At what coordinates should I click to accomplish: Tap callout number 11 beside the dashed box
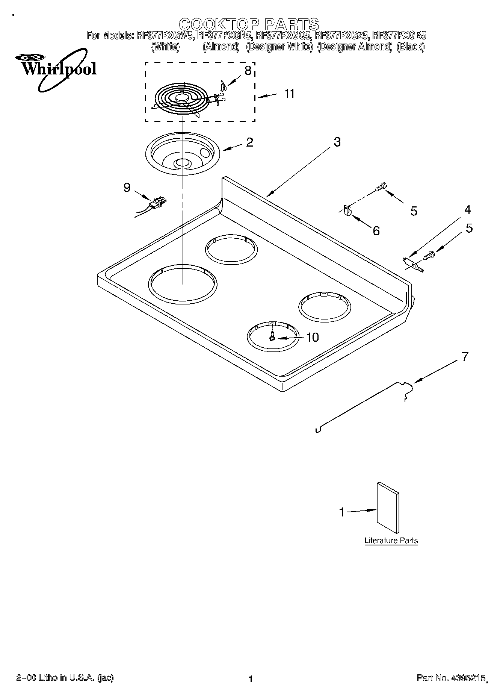point(289,93)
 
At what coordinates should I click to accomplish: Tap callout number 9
point(127,187)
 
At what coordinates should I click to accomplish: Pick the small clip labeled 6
point(348,211)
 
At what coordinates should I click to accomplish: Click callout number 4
point(467,210)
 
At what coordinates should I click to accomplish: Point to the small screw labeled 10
point(272,338)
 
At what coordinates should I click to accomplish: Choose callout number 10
point(312,337)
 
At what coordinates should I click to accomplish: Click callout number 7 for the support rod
point(465,356)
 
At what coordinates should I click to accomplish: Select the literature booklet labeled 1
point(388,508)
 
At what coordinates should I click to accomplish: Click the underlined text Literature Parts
point(391,541)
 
